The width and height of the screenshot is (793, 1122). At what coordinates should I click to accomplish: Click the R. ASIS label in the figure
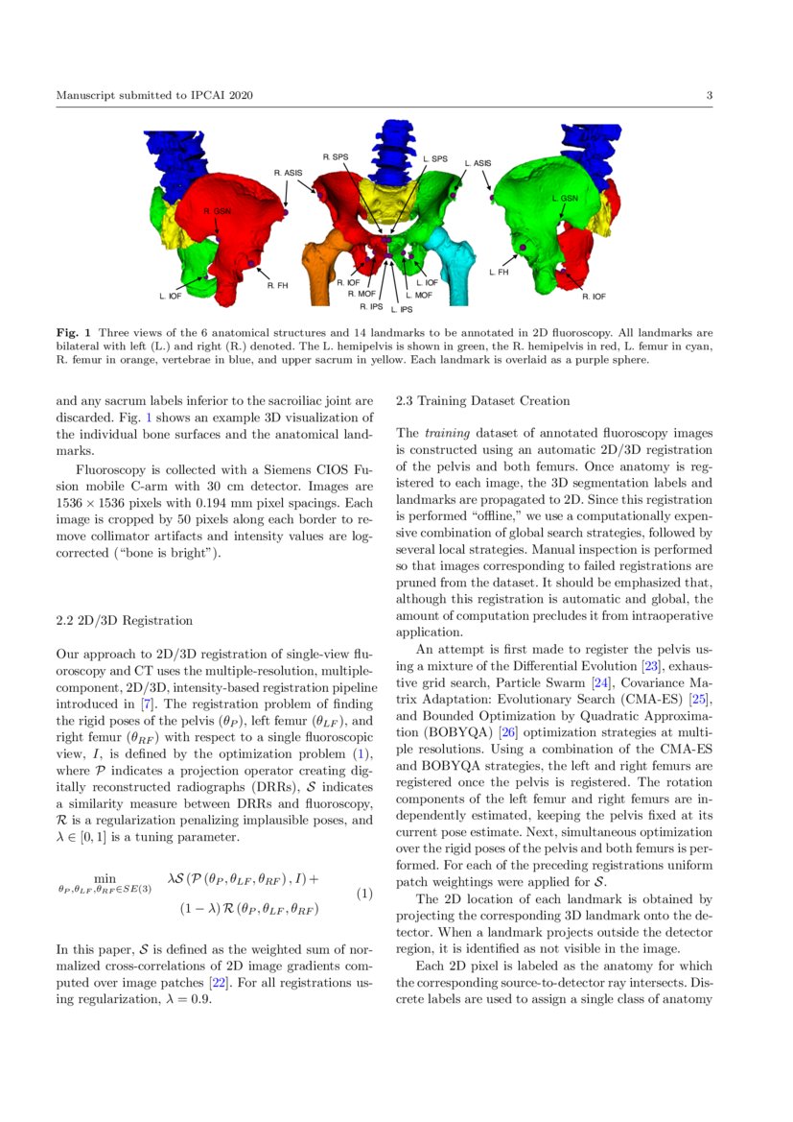tap(287, 173)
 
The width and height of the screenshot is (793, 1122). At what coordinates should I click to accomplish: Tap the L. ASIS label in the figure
tap(478, 163)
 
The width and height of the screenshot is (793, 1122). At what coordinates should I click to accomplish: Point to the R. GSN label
tap(217, 211)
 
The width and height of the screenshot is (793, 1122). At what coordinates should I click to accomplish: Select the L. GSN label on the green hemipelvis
tap(565, 198)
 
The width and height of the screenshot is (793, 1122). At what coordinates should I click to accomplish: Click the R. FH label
tap(276, 285)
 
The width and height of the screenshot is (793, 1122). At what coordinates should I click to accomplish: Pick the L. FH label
tap(498, 273)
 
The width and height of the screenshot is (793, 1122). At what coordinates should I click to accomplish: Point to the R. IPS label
tap(370, 307)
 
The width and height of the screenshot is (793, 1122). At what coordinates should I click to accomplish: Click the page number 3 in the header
tap(709, 95)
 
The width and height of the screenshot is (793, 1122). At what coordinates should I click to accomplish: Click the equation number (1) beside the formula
tap(363, 894)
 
